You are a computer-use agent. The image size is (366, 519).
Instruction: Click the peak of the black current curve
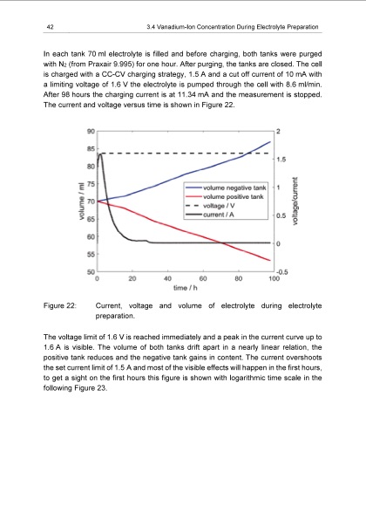tap(101, 153)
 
